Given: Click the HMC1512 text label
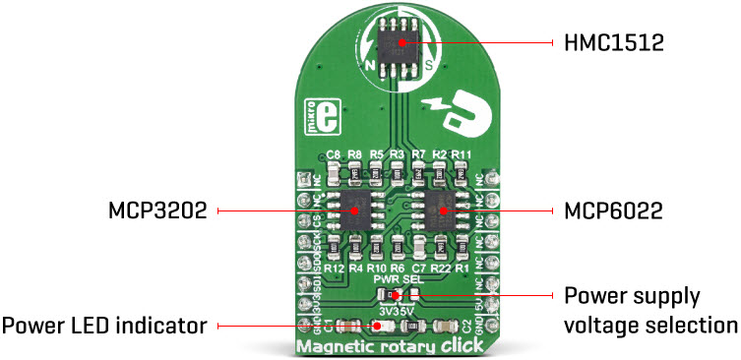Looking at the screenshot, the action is [607, 43].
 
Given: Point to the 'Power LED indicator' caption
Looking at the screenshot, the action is [103, 324].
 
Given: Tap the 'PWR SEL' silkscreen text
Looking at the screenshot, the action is [397, 279].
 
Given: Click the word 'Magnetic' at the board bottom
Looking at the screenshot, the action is [333, 345].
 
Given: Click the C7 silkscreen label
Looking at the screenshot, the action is [419, 267].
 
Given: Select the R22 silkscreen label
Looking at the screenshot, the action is [441, 267].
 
